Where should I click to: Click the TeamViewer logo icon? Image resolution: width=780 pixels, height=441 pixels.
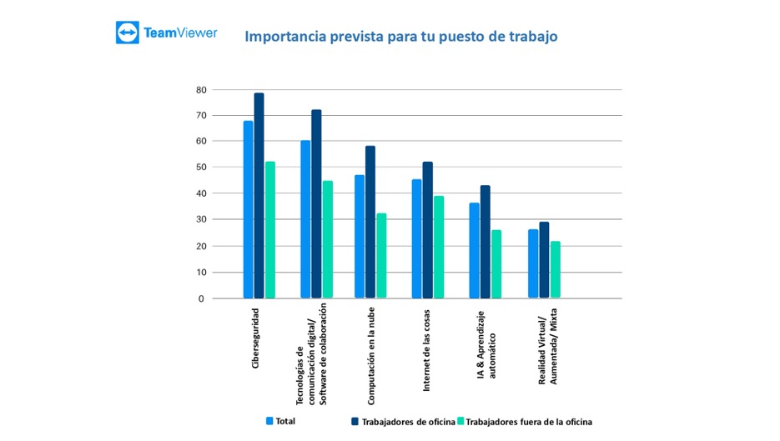(x=128, y=33)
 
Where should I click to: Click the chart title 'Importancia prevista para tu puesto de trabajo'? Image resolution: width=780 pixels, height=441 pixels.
(x=400, y=37)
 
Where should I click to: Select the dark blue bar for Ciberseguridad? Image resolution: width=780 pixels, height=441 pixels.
(x=259, y=195)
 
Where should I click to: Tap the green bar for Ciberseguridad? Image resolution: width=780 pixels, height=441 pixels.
(x=270, y=229)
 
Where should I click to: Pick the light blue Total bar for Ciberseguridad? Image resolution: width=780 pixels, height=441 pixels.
(x=249, y=209)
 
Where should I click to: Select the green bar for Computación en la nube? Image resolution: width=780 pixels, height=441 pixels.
(x=381, y=255)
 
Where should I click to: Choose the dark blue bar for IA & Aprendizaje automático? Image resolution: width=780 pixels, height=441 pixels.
(x=486, y=242)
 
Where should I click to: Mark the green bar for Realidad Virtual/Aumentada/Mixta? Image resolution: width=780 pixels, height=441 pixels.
(x=555, y=269)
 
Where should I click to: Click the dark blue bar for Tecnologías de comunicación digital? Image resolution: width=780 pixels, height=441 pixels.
(x=316, y=203)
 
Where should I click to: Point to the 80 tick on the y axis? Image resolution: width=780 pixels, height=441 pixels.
(x=201, y=89)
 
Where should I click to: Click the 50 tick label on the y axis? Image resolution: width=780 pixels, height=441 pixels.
(x=201, y=168)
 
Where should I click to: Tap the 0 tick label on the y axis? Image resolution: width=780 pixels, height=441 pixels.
(x=201, y=298)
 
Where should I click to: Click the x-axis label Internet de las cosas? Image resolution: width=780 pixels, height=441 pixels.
(x=426, y=350)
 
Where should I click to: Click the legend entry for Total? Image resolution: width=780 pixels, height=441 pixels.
(x=280, y=421)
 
